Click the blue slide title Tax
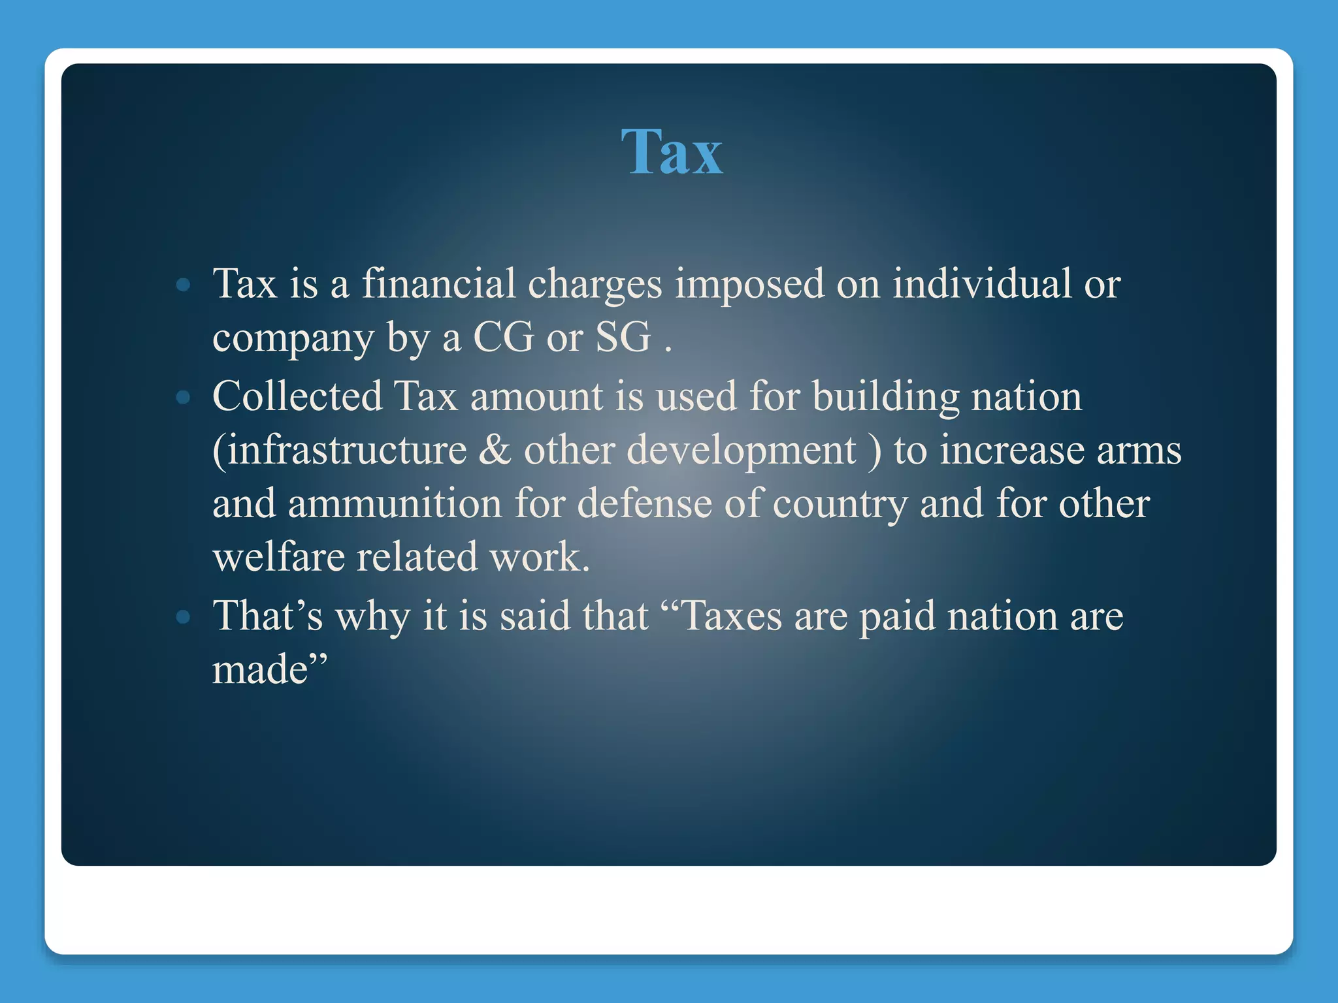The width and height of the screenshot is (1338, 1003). [672, 152]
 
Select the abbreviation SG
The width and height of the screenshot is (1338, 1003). [623, 338]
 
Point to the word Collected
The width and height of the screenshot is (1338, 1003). [297, 396]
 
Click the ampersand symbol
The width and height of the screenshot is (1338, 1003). [495, 450]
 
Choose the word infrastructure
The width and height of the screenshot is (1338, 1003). [340, 450]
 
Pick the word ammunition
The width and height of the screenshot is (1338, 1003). [395, 503]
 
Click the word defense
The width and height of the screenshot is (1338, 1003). [644, 503]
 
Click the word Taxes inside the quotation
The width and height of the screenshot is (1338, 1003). [731, 616]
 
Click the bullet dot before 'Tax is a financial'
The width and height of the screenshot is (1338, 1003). [184, 285]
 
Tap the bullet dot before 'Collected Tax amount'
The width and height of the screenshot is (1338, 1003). [184, 397]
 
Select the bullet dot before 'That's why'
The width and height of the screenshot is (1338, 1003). [184, 616]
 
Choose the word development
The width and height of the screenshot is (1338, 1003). [741, 450]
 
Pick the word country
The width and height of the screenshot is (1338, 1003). [840, 503]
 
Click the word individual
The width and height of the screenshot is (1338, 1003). [982, 285]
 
